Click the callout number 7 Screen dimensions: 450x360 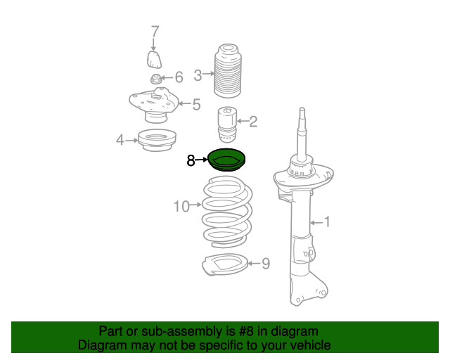coord(155,32)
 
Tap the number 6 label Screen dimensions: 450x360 coord(179,77)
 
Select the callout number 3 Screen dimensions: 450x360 coord(198,75)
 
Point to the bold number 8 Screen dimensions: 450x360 coord(191,160)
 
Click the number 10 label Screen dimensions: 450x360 coord(181,207)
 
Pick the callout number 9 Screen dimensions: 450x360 coord(266,264)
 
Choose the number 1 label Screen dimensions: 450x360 coord(327,222)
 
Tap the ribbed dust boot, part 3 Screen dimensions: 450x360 coord(228,71)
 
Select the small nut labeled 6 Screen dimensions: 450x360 coord(155,79)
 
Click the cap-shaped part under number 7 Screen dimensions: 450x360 coord(154,60)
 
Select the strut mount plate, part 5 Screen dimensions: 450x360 coord(154,105)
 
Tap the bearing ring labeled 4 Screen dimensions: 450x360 coord(157,141)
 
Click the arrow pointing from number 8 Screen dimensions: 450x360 coord(201,160)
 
